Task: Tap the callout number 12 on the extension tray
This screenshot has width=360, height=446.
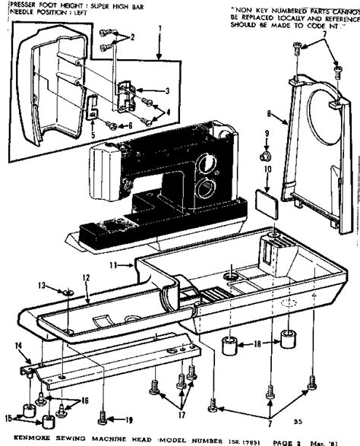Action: coord(87,278)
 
